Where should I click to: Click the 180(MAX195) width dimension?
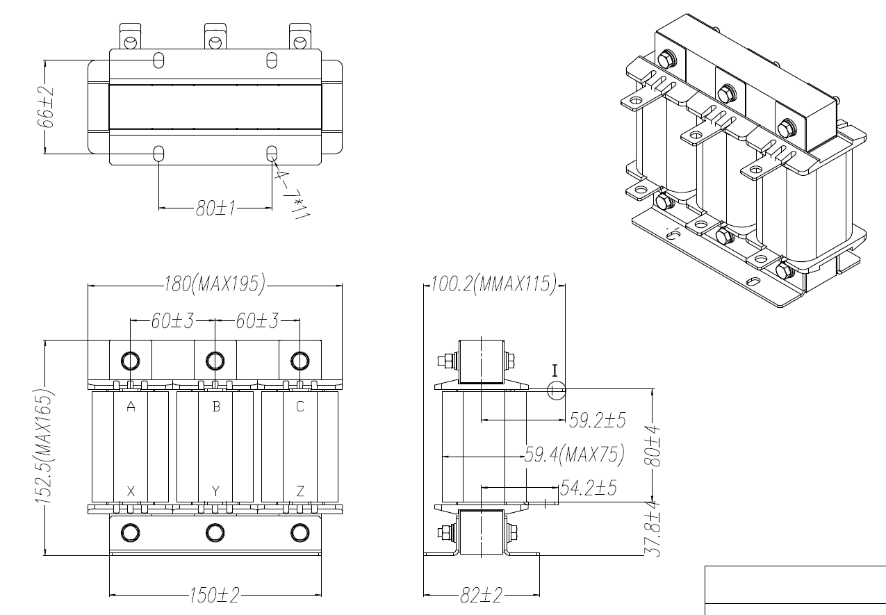coord(215,284)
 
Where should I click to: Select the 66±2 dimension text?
coord(46,107)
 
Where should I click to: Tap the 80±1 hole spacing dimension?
coord(215,208)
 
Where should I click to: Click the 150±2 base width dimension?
coord(215,596)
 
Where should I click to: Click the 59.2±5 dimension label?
coord(597,420)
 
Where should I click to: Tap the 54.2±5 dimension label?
coord(588,488)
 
